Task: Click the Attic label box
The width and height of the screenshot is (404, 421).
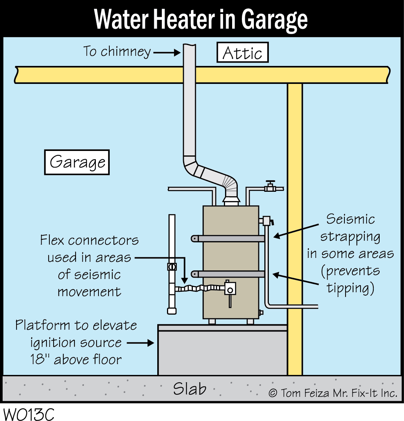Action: (243, 52)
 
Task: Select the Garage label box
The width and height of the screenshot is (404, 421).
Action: (77, 162)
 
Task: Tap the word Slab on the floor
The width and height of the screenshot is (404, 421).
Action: (189, 389)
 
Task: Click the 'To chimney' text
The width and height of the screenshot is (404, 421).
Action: (117, 51)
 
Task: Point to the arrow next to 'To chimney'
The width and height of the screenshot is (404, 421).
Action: (167, 53)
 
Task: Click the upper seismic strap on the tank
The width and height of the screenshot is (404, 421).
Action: (229, 238)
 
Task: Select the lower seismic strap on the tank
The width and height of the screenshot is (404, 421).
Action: (229, 274)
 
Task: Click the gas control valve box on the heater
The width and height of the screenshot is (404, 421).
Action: (230, 288)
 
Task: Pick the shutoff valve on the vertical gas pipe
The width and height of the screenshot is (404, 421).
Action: (172, 267)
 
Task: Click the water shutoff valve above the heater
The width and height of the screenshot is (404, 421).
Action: (270, 187)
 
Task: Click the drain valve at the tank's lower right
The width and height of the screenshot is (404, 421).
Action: (261, 312)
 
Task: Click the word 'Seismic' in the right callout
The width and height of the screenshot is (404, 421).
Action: (350, 219)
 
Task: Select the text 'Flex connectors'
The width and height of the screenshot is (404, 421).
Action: (89, 240)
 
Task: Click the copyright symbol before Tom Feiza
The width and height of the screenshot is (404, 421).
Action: (273, 393)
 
